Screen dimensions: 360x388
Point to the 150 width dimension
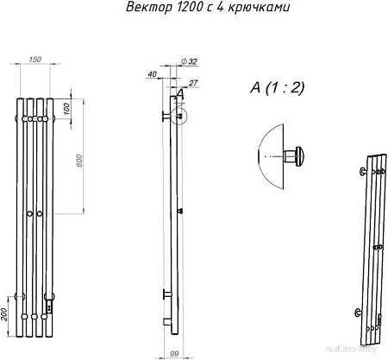34,59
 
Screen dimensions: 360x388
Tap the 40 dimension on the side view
152,75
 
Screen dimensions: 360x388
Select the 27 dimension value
192,82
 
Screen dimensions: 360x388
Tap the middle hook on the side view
179,212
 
